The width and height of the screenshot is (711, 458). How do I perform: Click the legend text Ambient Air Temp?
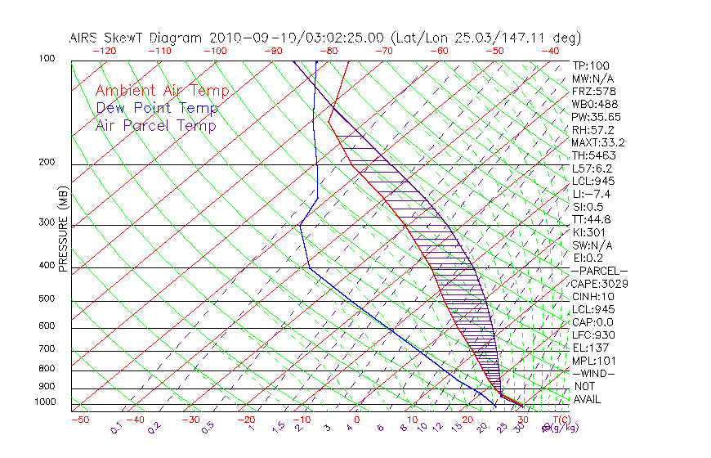(x=162, y=91)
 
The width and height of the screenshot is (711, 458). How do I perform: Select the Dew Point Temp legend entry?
(x=157, y=108)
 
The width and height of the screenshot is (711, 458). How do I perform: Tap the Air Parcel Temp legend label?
(x=155, y=125)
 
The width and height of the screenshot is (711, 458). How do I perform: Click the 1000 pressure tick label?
(x=46, y=402)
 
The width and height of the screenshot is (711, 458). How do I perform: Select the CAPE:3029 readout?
(x=600, y=284)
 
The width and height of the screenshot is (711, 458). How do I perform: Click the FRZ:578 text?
(x=592, y=92)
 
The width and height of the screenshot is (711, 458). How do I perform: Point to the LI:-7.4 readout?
(x=592, y=194)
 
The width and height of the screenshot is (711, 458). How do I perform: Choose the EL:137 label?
(x=590, y=348)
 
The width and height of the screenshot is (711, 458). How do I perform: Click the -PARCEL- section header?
(x=599, y=271)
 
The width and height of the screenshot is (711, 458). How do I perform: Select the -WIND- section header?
(x=594, y=373)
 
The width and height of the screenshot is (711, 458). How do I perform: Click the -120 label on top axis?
(x=104, y=51)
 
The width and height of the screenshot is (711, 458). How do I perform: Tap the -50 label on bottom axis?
(x=79, y=420)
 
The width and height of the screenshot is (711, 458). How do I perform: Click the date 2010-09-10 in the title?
(x=248, y=38)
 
